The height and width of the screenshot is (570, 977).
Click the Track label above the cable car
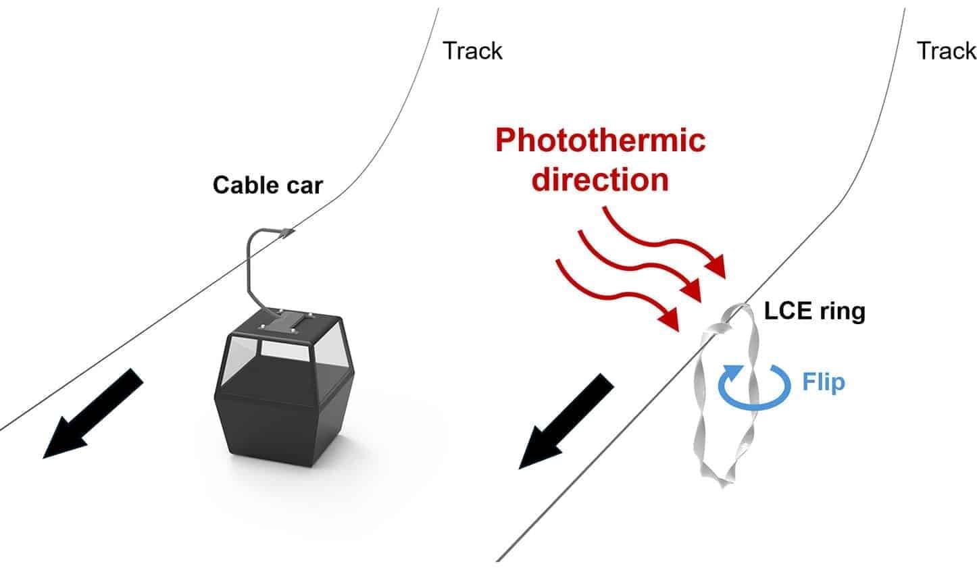click(472, 51)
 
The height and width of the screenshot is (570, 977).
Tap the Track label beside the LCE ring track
click(947, 51)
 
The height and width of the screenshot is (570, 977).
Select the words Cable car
click(268, 185)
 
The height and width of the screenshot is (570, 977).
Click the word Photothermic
click(600, 140)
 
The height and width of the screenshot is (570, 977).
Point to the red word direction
click(600, 179)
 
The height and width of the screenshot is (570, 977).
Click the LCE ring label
click(814, 311)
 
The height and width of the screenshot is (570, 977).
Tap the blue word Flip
click(824, 382)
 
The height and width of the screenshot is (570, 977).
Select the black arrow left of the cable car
click(93, 413)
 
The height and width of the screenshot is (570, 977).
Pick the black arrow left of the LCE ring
click(566, 421)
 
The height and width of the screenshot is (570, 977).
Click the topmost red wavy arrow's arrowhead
click(717, 266)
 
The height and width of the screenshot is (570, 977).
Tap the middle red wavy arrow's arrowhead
click(693, 290)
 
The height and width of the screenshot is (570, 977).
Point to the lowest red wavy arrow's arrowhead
click(670, 319)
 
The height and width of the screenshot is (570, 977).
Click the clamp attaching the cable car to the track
click(286, 232)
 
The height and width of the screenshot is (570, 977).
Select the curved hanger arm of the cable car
click(255, 267)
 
